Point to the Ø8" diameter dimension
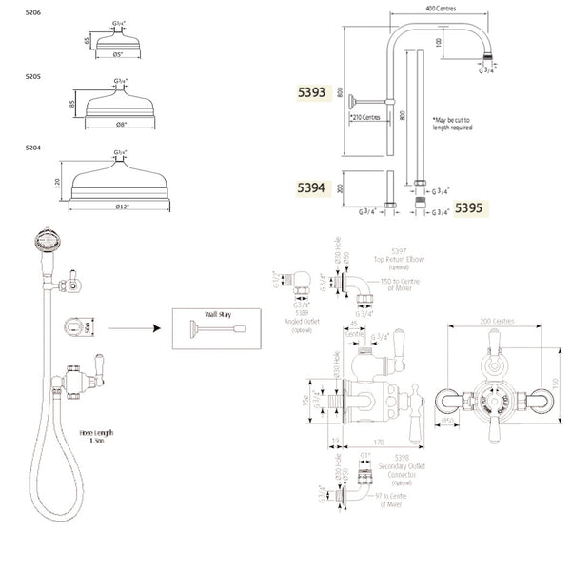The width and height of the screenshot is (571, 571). click(x=122, y=125)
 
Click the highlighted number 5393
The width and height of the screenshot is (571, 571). click(x=311, y=94)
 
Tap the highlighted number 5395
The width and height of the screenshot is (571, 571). click(x=469, y=206)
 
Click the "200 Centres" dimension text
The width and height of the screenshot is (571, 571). click(x=498, y=321)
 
